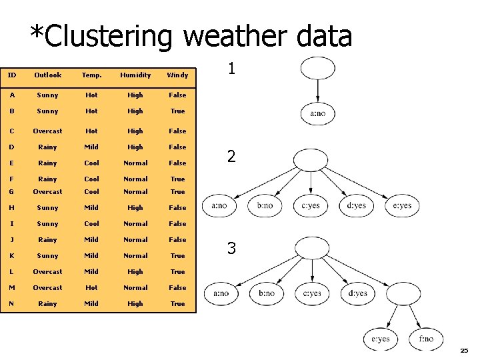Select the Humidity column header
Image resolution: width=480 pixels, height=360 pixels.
(x=135, y=75)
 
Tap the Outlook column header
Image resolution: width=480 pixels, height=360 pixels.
(x=47, y=75)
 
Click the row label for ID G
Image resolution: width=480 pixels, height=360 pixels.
(x=11, y=192)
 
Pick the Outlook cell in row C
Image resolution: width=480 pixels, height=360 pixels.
(x=47, y=131)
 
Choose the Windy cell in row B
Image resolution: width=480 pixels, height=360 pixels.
(x=177, y=111)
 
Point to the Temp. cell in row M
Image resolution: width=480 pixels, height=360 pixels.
(x=91, y=288)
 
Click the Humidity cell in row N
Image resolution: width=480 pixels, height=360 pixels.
(x=135, y=304)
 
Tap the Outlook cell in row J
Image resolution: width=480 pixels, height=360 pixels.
(x=47, y=240)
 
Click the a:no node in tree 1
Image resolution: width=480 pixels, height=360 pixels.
(x=318, y=113)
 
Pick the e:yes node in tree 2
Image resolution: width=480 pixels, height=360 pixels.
(x=402, y=205)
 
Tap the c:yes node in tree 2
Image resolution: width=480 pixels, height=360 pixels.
(x=311, y=205)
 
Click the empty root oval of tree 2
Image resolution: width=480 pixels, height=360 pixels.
(x=311, y=161)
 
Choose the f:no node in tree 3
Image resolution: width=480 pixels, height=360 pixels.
(x=426, y=339)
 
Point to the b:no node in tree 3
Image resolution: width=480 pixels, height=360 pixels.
(x=265, y=293)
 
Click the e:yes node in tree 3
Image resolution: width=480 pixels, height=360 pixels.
(x=380, y=339)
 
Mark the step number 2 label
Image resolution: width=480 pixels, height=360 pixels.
(x=231, y=157)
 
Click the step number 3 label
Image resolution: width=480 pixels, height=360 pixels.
(x=231, y=249)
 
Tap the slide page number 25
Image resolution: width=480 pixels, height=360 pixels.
(x=464, y=351)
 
